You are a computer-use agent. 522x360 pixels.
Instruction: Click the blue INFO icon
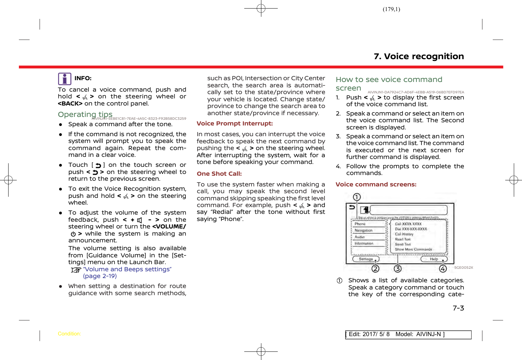click(x=65, y=79)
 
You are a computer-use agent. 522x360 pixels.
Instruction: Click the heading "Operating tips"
click(x=85, y=114)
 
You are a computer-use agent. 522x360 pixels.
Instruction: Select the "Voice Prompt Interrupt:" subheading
click(x=235, y=123)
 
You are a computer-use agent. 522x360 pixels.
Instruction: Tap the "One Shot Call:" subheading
click(x=219, y=174)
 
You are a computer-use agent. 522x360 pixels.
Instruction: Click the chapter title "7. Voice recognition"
click(x=419, y=56)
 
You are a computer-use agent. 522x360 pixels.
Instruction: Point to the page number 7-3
click(x=458, y=308)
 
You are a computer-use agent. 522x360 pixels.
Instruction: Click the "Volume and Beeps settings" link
click(x=127, y=269)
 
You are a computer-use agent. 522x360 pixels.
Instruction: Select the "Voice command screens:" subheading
click(x=376, y=184)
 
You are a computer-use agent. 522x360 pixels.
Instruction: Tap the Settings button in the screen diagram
click(x=366, y=259)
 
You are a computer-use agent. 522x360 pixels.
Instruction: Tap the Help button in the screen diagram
click(x=434, y=259)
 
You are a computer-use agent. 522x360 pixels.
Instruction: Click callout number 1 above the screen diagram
click(x=357, y=197)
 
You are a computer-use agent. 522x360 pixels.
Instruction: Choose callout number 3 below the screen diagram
click(x=398, y=268)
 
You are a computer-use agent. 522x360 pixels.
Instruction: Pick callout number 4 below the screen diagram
click(x=443, y=268)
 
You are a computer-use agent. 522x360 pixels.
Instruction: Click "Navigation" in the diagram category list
click(x=363, y=231)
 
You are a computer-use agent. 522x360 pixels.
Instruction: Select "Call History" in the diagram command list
click(x=404, y=234)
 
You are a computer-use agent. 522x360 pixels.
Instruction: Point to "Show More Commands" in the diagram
click(x=413, y=250)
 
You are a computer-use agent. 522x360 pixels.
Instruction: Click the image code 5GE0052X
click(x=464, y=267)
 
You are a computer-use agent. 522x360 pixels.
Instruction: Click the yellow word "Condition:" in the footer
click(x=69, y=334)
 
